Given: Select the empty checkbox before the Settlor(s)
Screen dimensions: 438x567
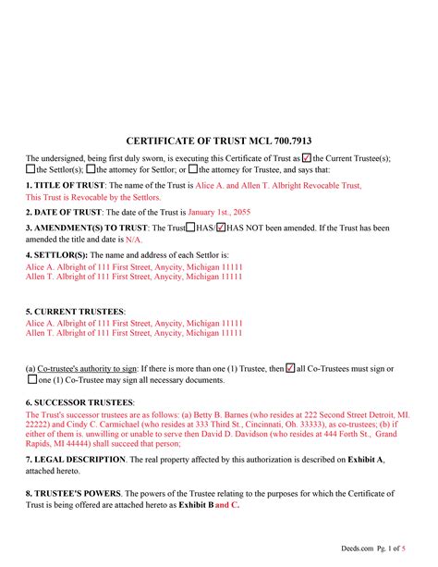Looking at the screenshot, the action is tap(30, 170).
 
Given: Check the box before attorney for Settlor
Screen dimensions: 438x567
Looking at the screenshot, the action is tap(90, 170).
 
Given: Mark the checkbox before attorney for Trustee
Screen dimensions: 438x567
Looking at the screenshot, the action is tap(191, 170).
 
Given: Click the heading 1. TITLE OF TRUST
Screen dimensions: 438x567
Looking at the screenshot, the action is tap(62, 186).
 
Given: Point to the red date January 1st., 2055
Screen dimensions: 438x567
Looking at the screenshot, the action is tap(225, 213).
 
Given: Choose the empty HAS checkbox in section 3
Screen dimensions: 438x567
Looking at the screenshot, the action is tap(190, 228).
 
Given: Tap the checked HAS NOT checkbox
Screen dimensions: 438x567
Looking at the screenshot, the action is tap(220, 228).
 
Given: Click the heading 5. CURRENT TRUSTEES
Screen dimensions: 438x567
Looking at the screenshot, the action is tap(75, 311).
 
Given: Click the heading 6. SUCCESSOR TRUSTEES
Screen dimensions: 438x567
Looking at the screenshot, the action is tap(80, 402).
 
